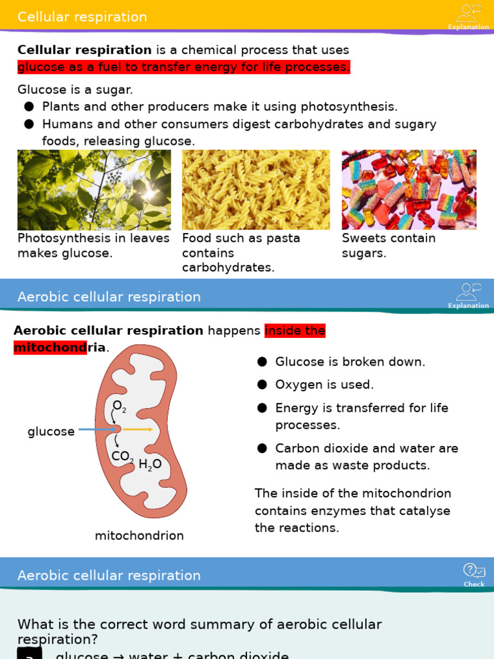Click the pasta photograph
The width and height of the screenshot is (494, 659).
click(256, 190)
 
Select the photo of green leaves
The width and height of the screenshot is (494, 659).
click(94, 190)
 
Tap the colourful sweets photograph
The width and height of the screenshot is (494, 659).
click(409, 190)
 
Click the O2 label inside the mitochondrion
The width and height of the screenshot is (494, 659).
click(119, 406)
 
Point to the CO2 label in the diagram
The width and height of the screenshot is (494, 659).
click(122, 457)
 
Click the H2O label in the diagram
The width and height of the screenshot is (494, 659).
click(150, 464)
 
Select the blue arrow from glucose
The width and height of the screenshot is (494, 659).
click(96, 429)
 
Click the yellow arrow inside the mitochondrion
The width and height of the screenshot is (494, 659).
click(138, 429)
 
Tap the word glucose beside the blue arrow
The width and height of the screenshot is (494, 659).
click(51, 432)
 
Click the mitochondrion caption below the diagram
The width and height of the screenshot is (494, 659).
click(139, 535)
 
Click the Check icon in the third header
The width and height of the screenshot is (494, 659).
click(474, 574)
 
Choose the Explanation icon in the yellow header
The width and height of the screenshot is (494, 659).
click(468, 17)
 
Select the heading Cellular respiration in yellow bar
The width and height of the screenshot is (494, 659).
click(82, 17)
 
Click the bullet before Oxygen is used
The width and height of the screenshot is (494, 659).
click(262, 385)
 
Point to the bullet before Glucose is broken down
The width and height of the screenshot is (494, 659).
click(262, 362)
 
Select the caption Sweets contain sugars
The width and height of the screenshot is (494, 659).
click(389, 246)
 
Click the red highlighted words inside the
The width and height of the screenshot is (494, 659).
click(295, 331)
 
